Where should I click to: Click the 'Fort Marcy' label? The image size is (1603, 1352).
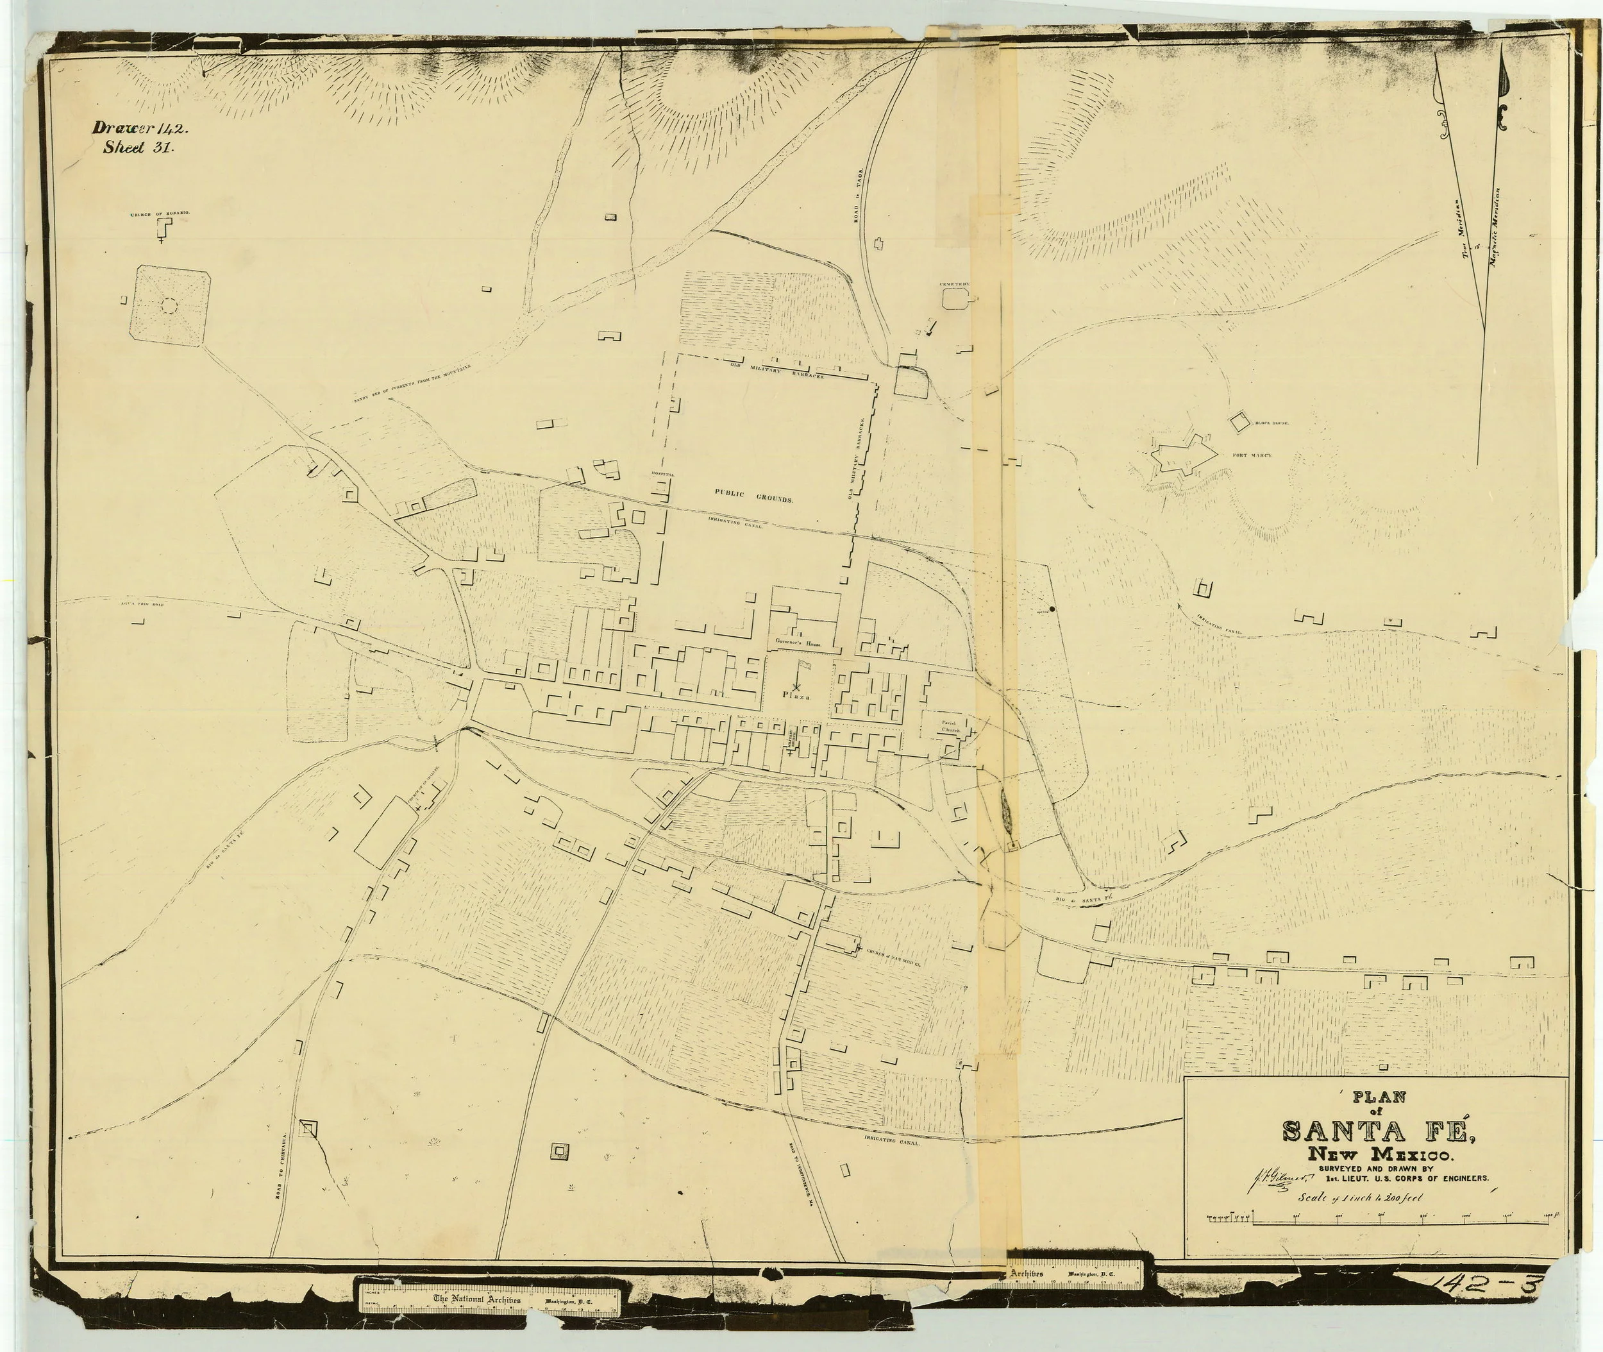[x=1252, y=455]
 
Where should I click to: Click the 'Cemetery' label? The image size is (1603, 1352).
[x=954, y=284]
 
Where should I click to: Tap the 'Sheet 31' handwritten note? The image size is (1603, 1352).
[x=139, y=149]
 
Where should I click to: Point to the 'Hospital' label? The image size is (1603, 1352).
[x=663, y=475]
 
